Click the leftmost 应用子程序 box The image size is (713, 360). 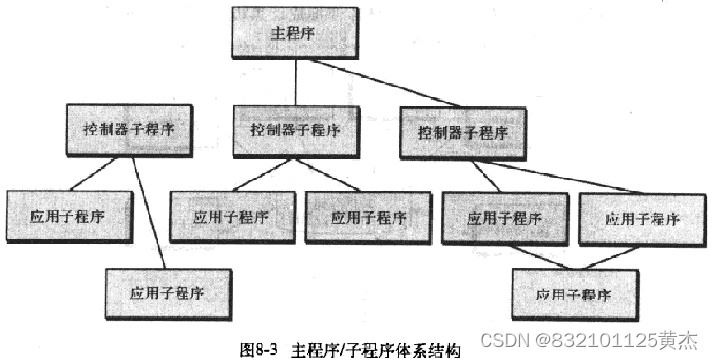tap(67, 215)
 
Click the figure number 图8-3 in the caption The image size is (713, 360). tap(260, 350)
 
